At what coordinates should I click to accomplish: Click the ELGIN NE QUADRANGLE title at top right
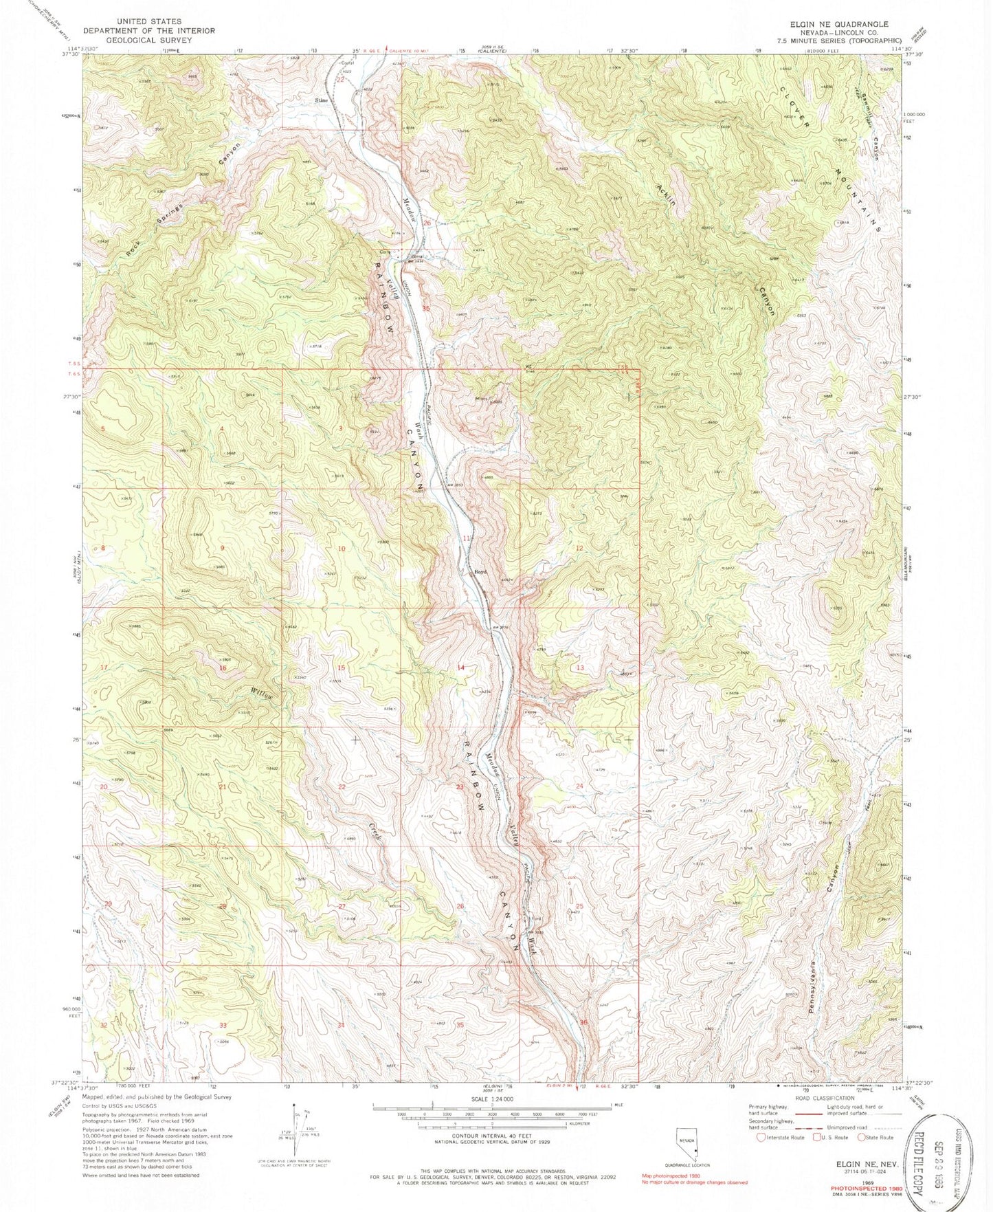830,23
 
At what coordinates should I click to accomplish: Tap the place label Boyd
479,571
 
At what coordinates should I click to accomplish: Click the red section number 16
223,668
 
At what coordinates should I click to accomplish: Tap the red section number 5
102,429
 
